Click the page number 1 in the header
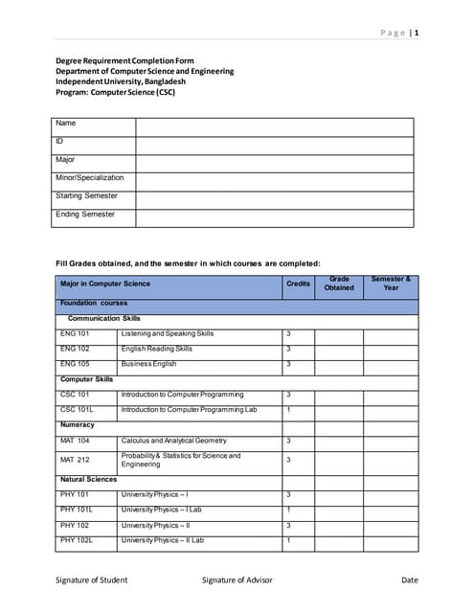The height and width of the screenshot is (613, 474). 417,34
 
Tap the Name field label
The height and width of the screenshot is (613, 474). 66,124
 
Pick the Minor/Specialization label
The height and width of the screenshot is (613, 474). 90,177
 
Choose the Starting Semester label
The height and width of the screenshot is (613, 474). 87,195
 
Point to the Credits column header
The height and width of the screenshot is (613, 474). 298,284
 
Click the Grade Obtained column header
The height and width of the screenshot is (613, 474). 338,284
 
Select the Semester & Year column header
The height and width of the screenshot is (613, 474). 391,284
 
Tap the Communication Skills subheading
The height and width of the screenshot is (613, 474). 104,318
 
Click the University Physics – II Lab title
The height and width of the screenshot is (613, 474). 162,541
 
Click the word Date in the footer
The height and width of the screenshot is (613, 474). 410,580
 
